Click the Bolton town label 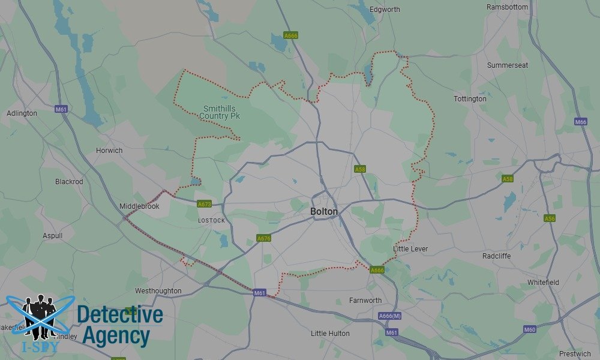point(324,212)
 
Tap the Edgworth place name point(385,10)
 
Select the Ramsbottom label point(508,7)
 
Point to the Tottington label point(470,99)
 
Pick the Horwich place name point(109,151)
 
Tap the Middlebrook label point(139,206)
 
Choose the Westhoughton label point(158,291)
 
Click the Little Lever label point(410,249)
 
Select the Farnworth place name point(365,301)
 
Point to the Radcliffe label point(497,256)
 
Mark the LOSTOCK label point(211,221)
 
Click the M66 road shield point(580,122)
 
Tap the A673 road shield point(205,204)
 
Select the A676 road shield point(263,238)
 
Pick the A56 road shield point(550,218)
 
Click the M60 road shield point(529,329)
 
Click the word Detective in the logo point(120,315)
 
